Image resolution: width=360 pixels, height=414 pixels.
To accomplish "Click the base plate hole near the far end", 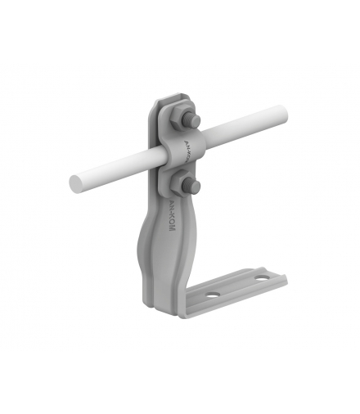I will tap(260, 280).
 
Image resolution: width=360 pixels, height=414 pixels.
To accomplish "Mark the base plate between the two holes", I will tap(236, 286).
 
